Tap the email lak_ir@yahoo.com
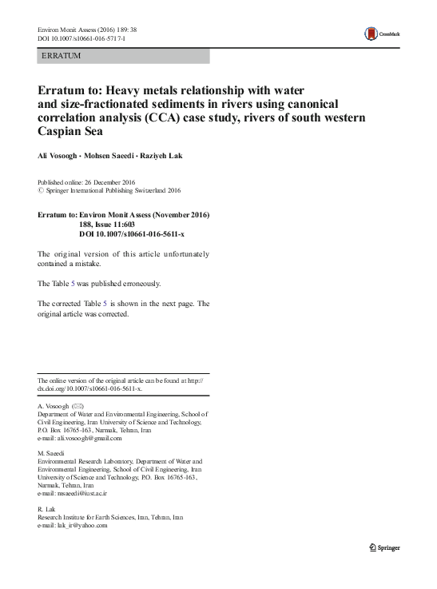click(x=72, y=526)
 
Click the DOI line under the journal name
click(x=75, y=38)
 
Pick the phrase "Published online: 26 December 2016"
click(x=88, y=182)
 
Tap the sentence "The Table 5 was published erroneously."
click(x=100, y=284)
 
